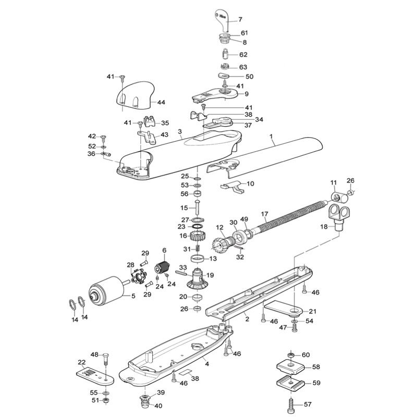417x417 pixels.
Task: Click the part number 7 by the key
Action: (240, 19)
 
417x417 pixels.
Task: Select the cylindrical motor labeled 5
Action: (106, 290)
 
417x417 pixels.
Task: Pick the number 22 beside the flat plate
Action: (81, 362)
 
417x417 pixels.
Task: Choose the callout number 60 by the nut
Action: (305, 355)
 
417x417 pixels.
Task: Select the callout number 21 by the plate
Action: (312, 311)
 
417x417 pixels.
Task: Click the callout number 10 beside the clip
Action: (250, 183)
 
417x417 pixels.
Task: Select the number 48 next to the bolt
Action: (94, 354)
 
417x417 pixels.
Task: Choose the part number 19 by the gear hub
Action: (210, 275)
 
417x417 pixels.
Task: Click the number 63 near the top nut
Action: (243, 67)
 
